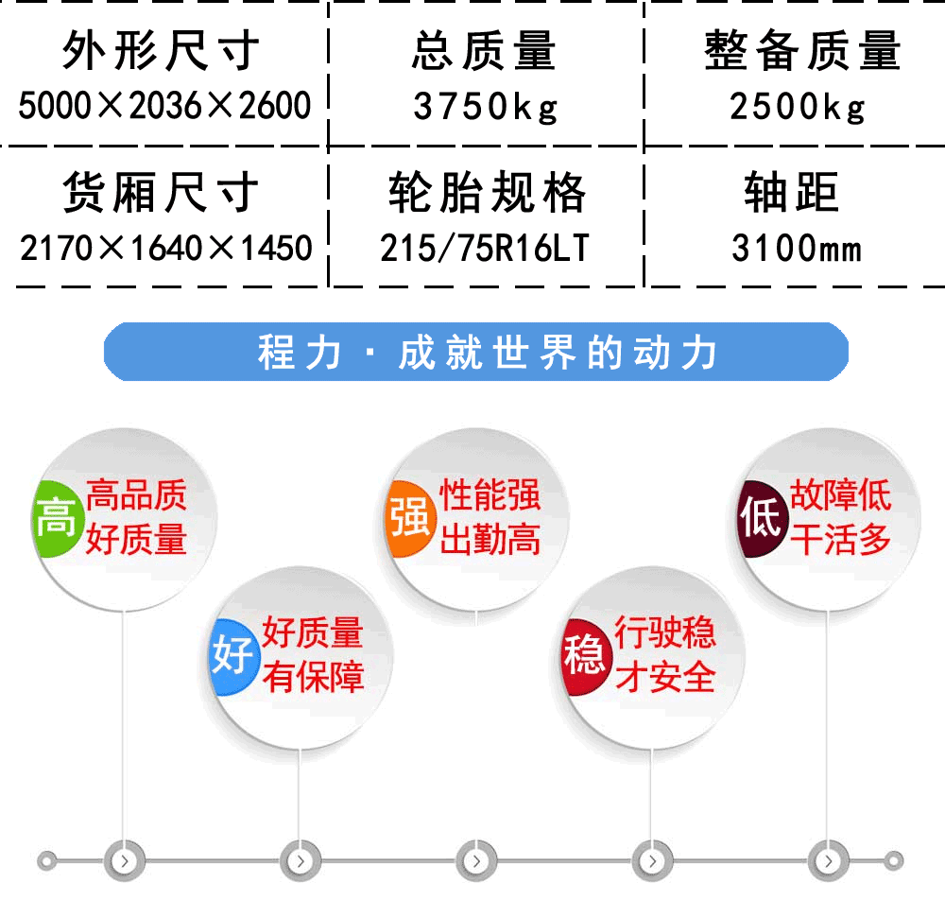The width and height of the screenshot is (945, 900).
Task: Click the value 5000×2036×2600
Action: [x=164, y=106]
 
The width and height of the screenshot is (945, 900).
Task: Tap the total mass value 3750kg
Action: [x=486, y=107]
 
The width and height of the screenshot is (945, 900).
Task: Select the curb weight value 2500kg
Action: [x=798, y=107]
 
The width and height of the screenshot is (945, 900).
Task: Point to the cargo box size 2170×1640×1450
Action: [x=165, y=248]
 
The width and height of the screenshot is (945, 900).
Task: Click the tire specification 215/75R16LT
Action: [x=485, y=248]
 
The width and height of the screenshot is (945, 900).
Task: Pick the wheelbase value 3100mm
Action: [x=797, y=248]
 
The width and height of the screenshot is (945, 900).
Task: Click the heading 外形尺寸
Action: [x=161, y=51]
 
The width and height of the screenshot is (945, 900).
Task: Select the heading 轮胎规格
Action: [x=487, y=192]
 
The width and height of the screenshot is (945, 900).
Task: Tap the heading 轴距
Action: [x=791, y=192]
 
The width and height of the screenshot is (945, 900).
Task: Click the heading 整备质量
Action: [x=802, y=51]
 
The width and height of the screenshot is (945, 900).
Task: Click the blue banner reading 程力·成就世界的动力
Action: [x=476, y=352]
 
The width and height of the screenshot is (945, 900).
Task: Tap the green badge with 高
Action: [x=56, y=518]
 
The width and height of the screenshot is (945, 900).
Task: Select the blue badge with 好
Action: [x=233, y=656]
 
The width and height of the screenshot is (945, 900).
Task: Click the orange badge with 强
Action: [x=410, y=518]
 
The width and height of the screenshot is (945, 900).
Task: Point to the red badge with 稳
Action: [x=584, y=656]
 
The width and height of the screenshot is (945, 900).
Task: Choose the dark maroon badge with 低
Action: [x=762, y=518]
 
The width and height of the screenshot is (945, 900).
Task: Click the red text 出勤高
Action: [x=490, y=539]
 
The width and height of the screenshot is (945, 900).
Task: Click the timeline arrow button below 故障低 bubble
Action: [x=828, y=861]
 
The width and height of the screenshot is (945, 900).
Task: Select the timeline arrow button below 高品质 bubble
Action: [x=125, y=861]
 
